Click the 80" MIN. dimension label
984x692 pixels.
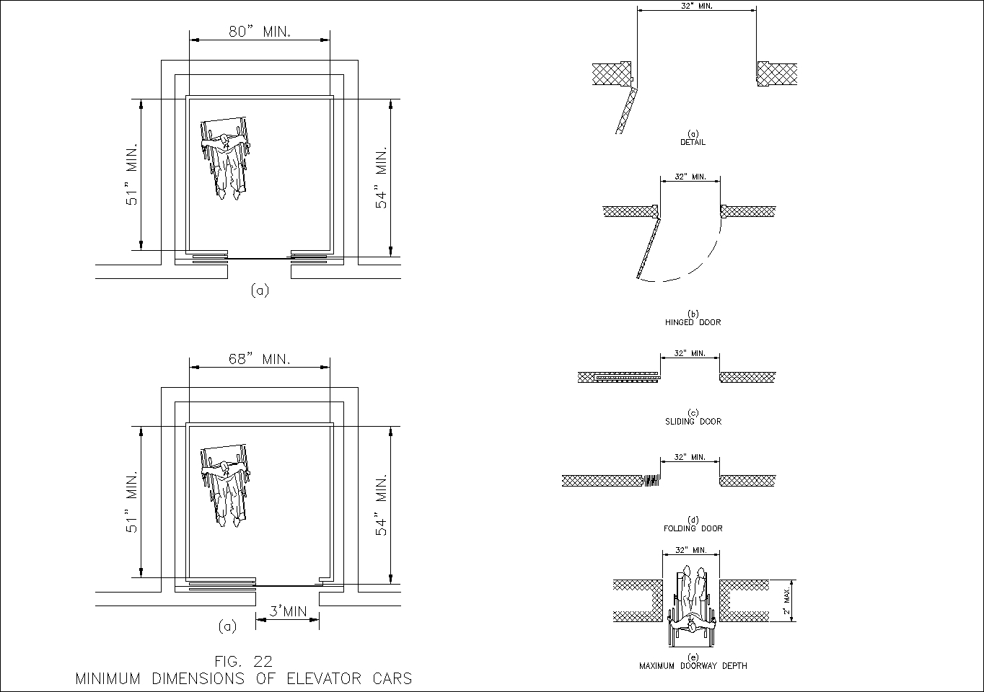260,32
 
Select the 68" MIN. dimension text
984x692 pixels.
260,360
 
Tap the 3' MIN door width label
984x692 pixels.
288,611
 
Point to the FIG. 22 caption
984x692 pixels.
244,661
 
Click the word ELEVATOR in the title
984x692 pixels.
324,678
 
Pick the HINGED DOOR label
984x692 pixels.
693,322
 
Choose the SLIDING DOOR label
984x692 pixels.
693,421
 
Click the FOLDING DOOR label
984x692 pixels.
693,528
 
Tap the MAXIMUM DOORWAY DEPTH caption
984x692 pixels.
693,665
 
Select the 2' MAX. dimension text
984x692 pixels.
787,600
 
